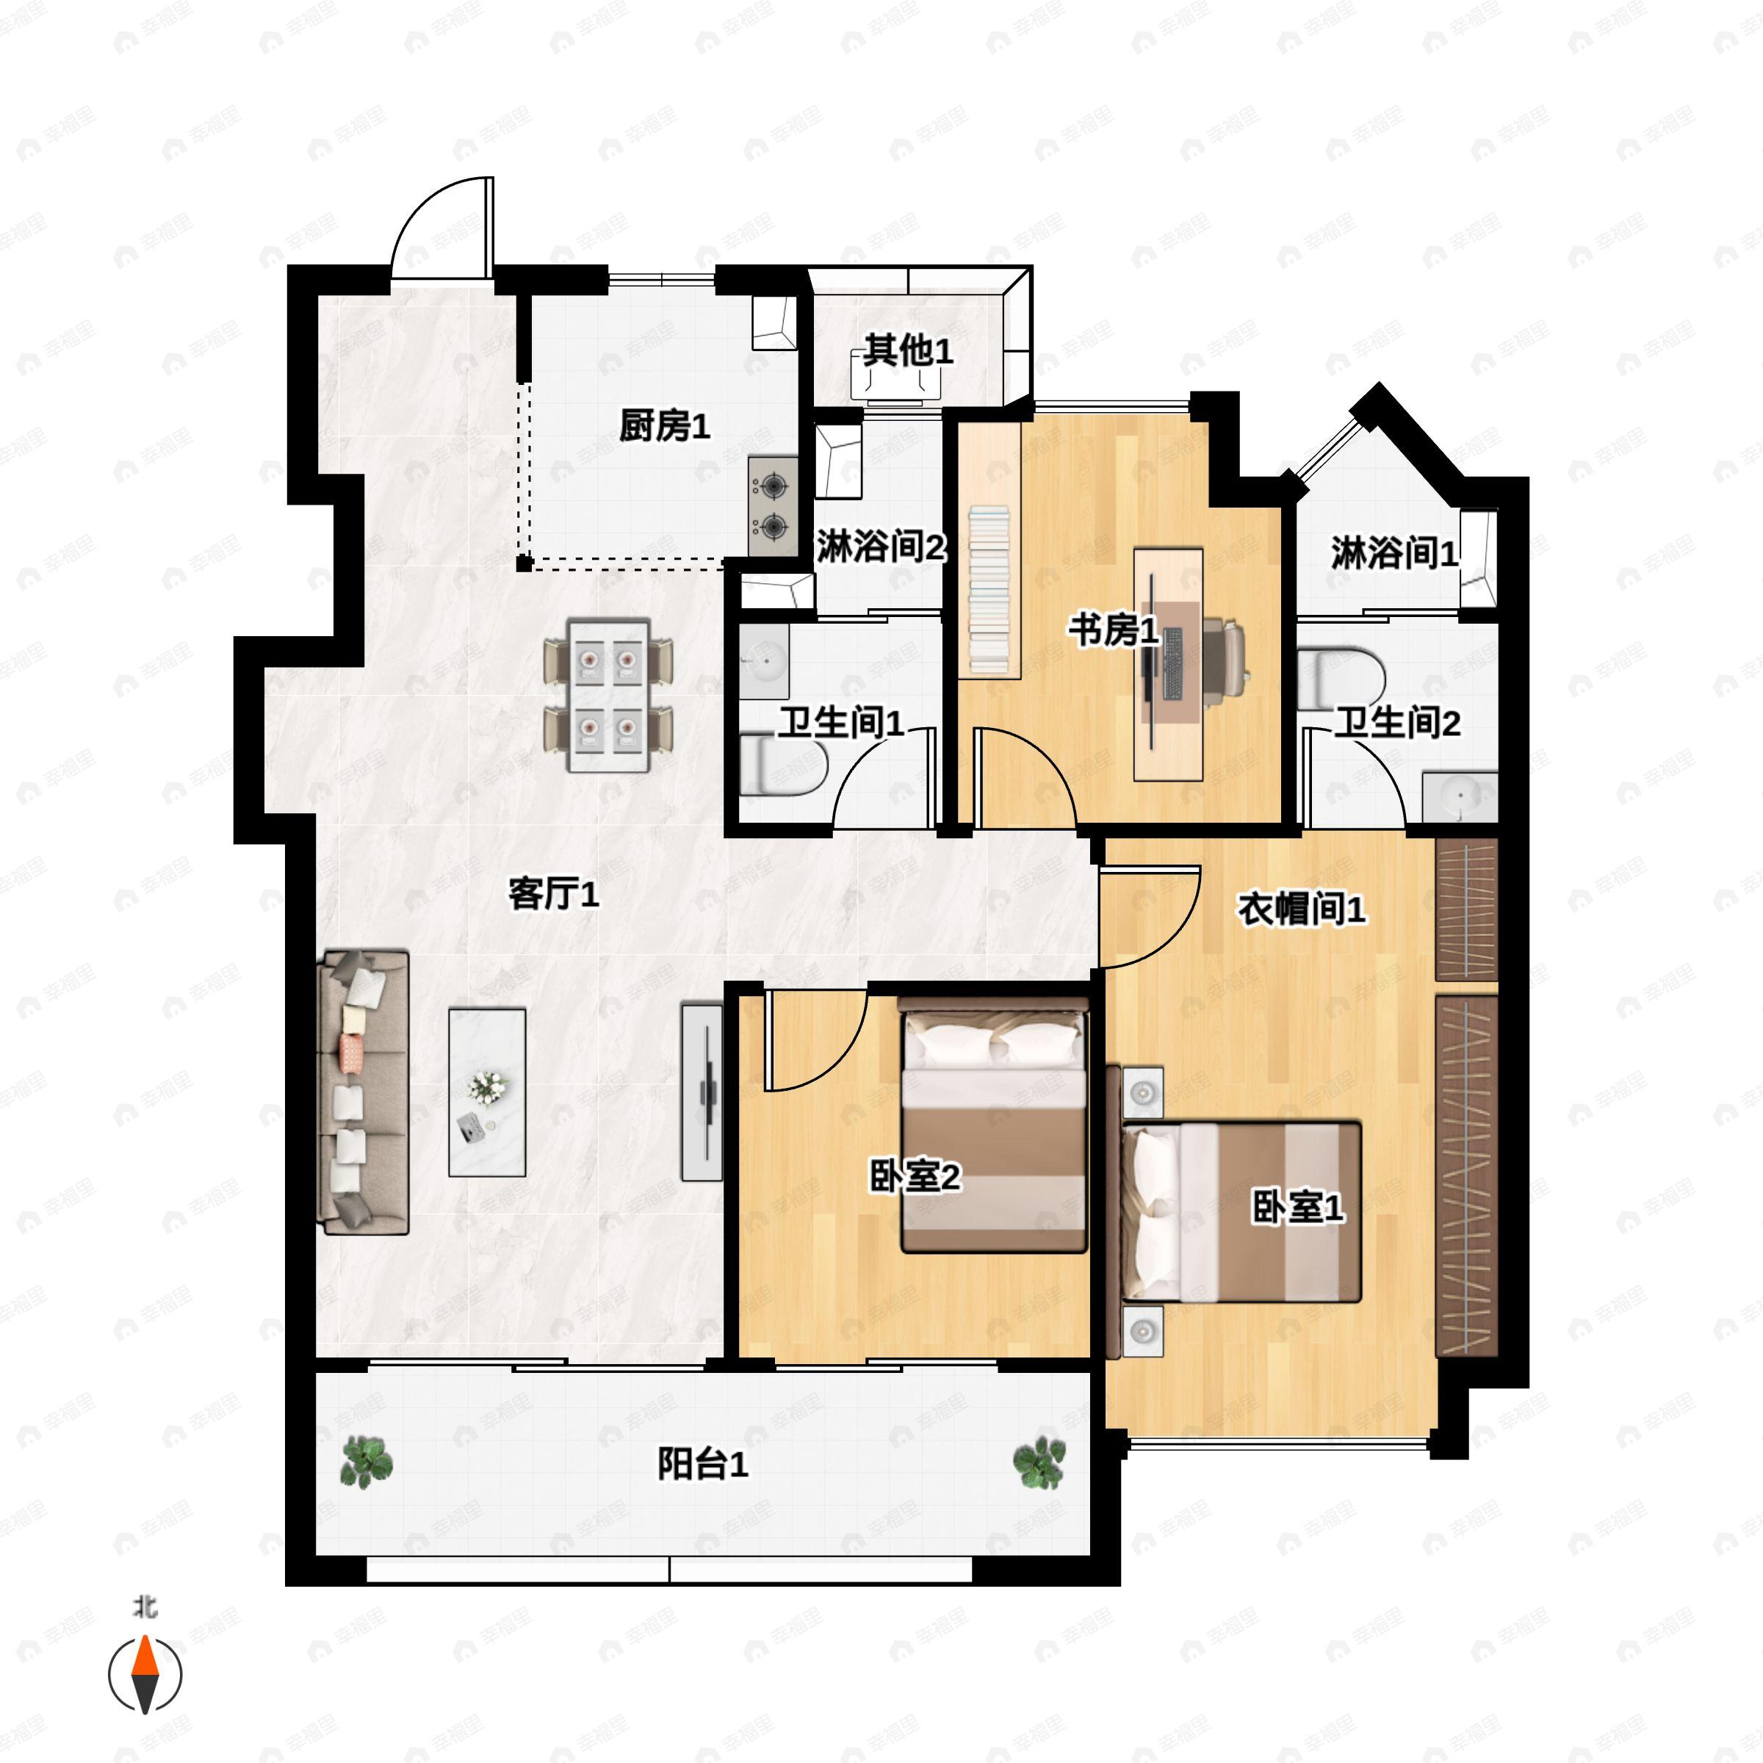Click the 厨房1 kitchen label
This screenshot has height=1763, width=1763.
pyautogui.click(x=664, y=426)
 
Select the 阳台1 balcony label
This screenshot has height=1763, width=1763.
pyautogui.click(x=703, y=1465)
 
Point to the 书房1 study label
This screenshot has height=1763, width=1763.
pyautogui.click(x=1114, y=630)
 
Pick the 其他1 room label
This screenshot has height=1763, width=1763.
pyautogui.click(x=908, y=350)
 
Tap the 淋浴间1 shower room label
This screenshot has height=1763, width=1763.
pyautogui.click(x=1394, y=553)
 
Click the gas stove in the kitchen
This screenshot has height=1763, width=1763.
pyautogui.click(x=773, y=506)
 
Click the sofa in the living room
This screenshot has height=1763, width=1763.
pyautogui.click(x=362, y=1092)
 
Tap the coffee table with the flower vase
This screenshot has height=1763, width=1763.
pyautogui.click(x=487, y=1092)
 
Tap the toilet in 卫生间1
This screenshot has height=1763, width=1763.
pyautogui.click(x=782, y=766)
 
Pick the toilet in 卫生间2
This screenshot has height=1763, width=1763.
pyautogui.click(x=1341, y=678)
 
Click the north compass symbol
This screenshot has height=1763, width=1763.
pyautogui.click(x=145, y=1675)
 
